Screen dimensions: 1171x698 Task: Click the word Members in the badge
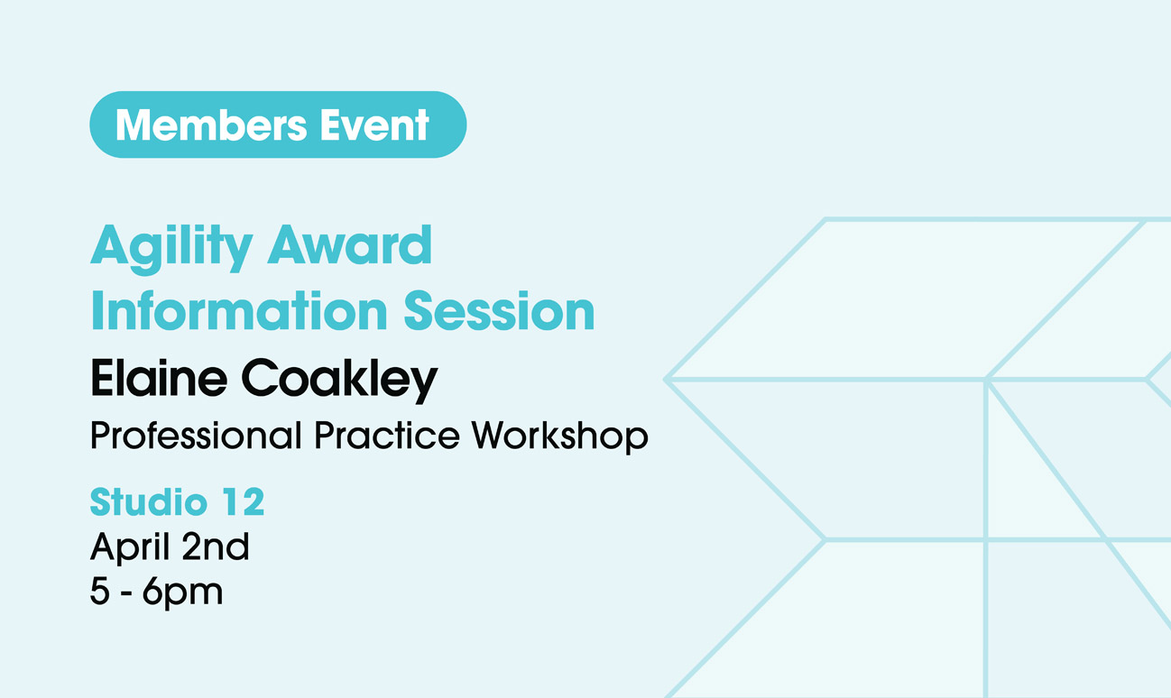pyautogui.click(x=211, y=125)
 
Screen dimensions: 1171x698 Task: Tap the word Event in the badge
pyautogui.click(x=374, y=125)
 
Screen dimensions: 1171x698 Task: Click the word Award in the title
pyautogui.click(x=350, y=244)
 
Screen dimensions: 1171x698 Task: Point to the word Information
pyautogui.click(x=239, y=310)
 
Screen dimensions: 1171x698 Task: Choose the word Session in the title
pyautogui.click(x=499, y=311)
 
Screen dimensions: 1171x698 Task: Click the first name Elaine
pyautogui.click(x=159, y=377)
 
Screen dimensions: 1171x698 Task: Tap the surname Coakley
pyautogui.click(x=339, y=381)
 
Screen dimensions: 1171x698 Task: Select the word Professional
pyautogui.click(x=196, y=435)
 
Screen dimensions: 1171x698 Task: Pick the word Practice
pyautogui.click(x=387, y=435)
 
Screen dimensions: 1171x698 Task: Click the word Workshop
pyautogui.click(x=560, y=436)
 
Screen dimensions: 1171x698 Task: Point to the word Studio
pyautogui.click(x=148, y=502)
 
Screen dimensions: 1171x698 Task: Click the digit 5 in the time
pyautogui.click(x=100, y=592)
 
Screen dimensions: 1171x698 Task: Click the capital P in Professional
pyautogui.click(x=102, y=435)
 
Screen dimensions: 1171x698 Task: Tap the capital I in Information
pyautogui.click(x=96, y=310)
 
